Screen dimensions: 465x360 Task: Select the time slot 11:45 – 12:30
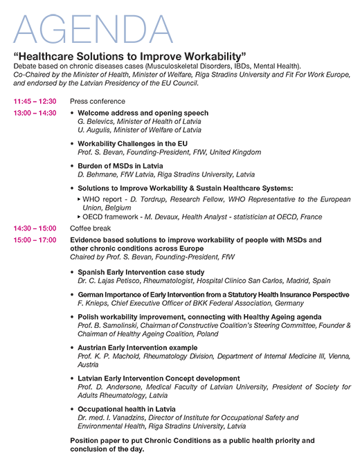[35, 102]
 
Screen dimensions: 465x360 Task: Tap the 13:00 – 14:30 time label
[35, 113]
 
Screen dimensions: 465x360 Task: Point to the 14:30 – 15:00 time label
[35, 228]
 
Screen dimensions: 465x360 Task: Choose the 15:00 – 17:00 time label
[35, 239]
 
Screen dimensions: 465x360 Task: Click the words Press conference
[97, 102]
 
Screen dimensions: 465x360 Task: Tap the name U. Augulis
[94, 129]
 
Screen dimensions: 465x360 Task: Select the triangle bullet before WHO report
[80, 199]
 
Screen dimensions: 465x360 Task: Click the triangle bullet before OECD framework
[80, 216]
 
